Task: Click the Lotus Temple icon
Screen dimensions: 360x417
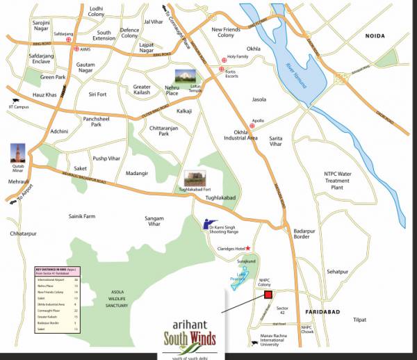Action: coord(185,79)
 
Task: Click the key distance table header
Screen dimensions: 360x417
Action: coord(58,269)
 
